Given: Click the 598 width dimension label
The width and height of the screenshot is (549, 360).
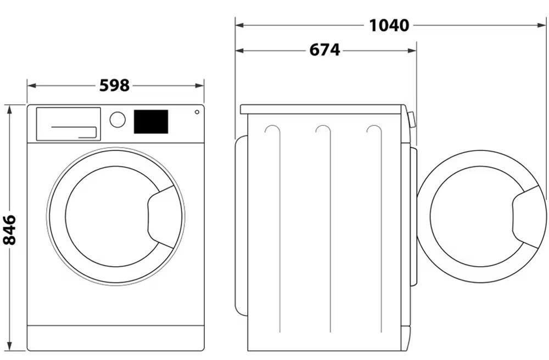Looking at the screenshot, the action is coord(115,86).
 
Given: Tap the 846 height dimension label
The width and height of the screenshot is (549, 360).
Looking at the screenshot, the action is coord(9,230).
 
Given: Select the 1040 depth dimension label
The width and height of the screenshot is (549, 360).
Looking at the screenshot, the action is coord(389,26).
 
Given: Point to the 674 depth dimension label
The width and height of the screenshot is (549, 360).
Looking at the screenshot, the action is coord(324,50).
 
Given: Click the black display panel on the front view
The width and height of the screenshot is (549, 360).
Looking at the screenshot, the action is coord(151,122).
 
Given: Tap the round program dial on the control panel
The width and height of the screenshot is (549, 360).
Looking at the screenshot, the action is coord(117,120).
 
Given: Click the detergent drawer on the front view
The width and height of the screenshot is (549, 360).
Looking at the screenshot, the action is coord(69,124).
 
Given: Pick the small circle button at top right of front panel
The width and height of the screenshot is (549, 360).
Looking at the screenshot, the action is coord(197,112).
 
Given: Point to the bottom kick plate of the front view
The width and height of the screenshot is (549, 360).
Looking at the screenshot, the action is coord(115,337).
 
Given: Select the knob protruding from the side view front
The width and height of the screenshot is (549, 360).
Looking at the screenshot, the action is coord(412,120).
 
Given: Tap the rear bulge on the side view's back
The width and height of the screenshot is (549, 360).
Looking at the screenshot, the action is coord(241,226).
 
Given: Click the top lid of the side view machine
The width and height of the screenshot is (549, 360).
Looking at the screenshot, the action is coord(323,109).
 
